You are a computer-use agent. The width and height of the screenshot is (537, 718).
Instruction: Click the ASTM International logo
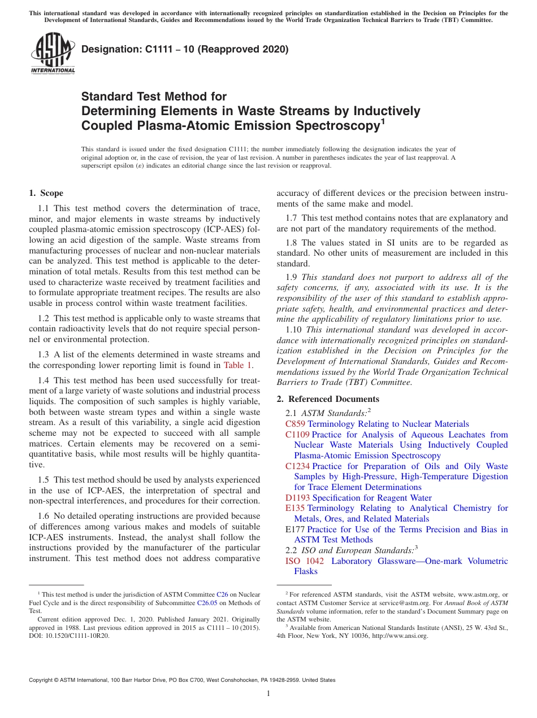tap(53, 54)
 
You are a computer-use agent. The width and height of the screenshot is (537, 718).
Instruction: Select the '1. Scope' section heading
tap(46, 193)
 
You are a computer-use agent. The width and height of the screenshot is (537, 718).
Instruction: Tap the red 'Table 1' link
tap(237, 365)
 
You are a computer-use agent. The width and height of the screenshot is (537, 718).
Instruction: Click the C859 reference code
tap(296, 424)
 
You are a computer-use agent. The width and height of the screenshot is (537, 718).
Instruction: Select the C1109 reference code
tap(298, 435)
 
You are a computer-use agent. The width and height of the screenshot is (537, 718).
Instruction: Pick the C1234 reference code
tap(298, 466)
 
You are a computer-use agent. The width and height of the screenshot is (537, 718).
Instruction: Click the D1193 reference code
tap(298, 498)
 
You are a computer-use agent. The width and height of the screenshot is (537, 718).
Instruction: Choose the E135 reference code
tap(296, 508)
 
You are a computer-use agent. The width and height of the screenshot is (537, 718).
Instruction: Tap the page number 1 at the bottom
tap(268, 694)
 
